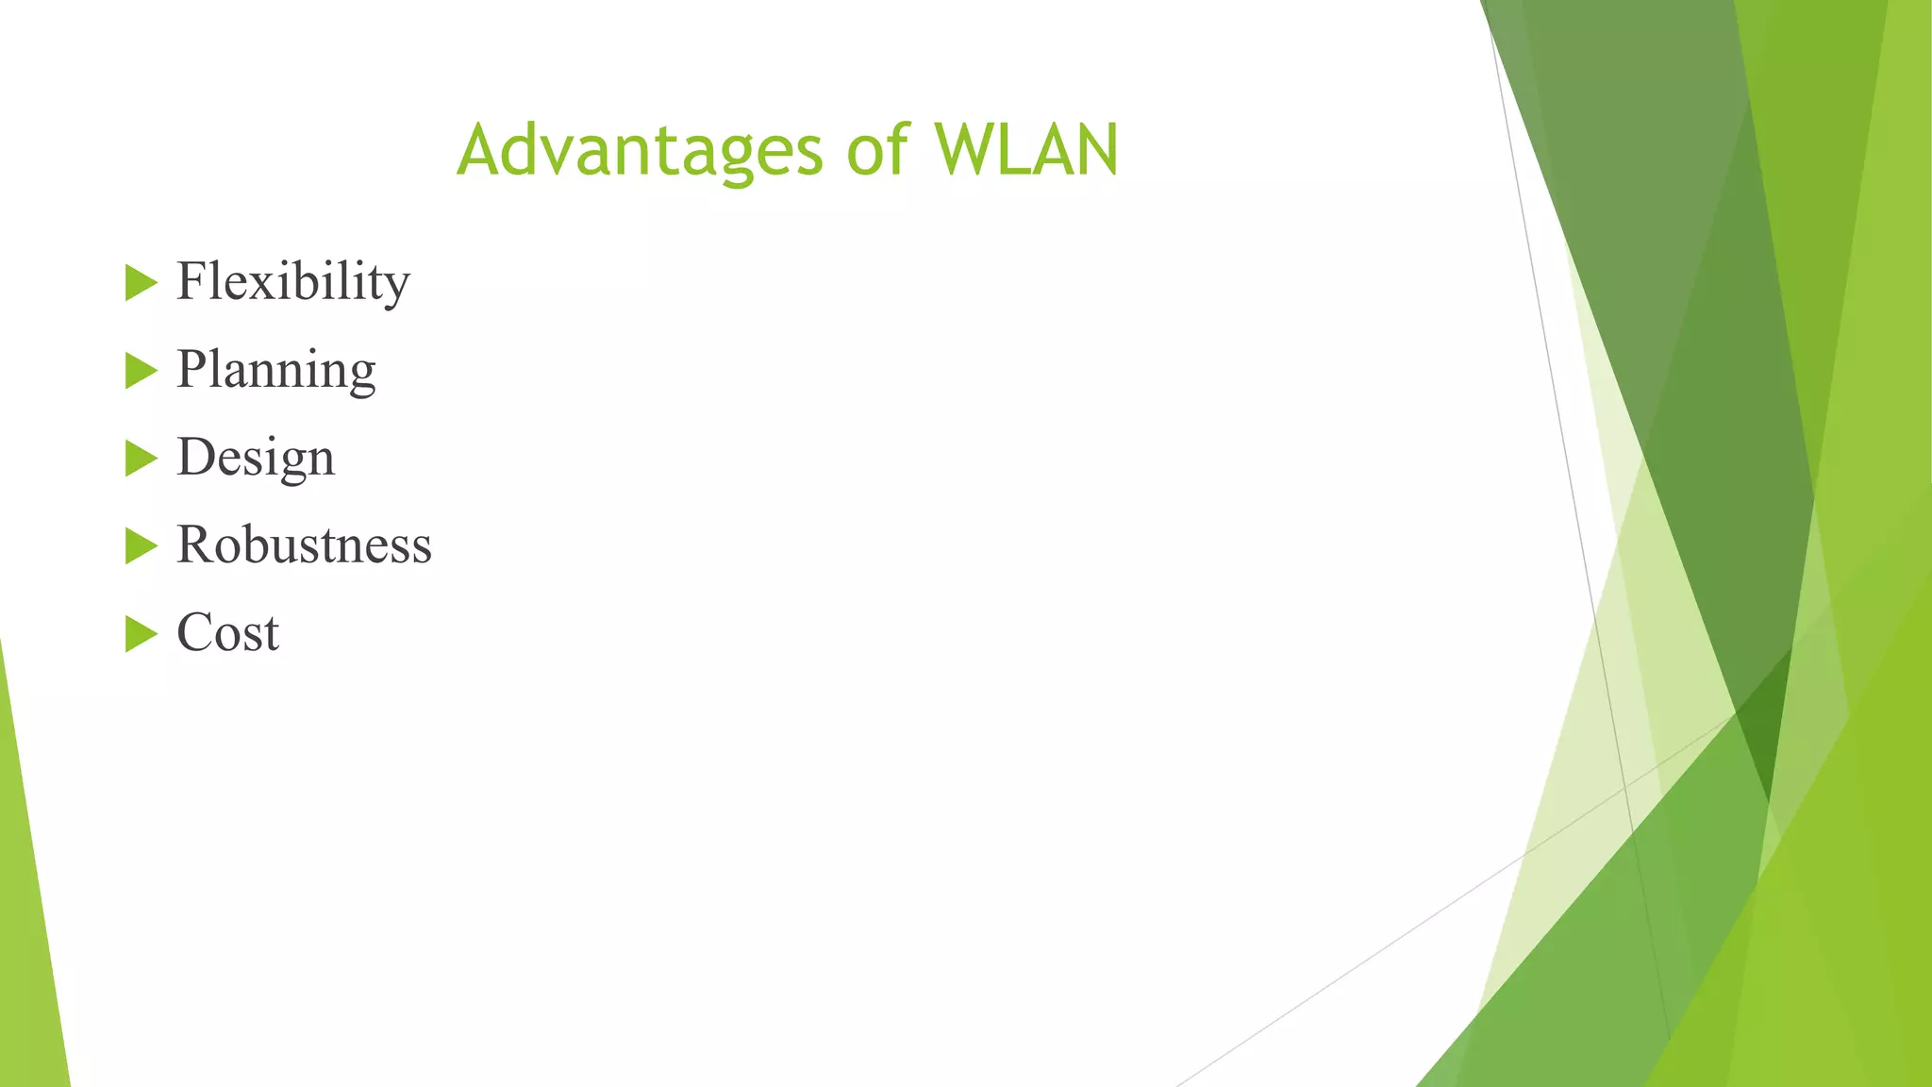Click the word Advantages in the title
[640, 151]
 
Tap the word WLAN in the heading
[1026, 151]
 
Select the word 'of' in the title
[877, 151]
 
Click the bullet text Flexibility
[293, 282]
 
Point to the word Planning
[275, 370]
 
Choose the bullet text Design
[256, 458]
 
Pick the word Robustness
[304, 545]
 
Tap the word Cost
[227, 633]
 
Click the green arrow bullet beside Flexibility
[140, 283]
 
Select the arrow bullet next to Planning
[140, 371]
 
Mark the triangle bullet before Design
[140, 459]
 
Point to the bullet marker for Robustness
[140, 546]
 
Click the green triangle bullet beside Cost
[140, 634]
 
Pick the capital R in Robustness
[195, 544]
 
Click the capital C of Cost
[196, 632]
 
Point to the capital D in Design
[197, 457]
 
